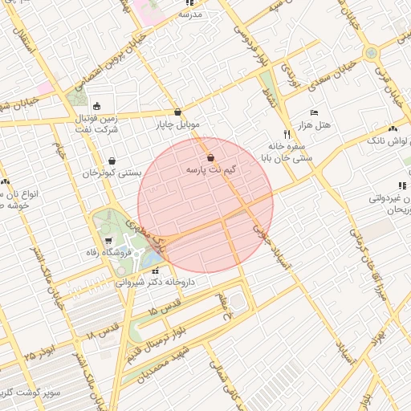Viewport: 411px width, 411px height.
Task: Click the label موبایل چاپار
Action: click(x=177, y=125)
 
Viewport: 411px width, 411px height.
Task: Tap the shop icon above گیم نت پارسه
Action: click(x=210, y=157)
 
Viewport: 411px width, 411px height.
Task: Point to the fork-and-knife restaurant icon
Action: click(x=287, y=134)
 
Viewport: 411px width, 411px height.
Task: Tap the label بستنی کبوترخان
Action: click(x=112, y=173)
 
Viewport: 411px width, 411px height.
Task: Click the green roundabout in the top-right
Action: click(x=371, y=54)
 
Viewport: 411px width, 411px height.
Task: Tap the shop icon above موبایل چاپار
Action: click(x=177, y=112)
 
